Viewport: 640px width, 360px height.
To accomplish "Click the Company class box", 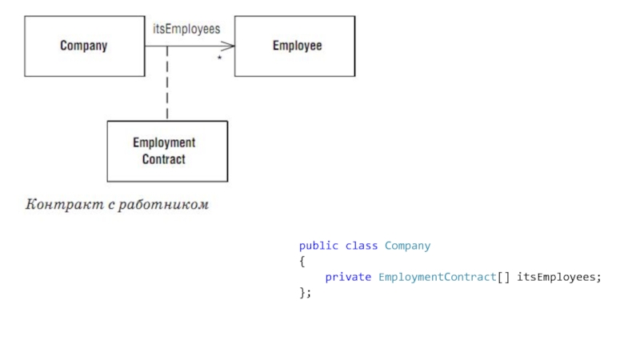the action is tap(84, 46).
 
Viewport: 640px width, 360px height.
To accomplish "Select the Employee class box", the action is tap(294, 46).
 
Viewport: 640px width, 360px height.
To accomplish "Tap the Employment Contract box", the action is tap(166, 151).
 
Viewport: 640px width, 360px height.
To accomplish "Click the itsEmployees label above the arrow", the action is tap(186, 28).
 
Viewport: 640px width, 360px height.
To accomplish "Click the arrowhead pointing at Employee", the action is tap(230, 46).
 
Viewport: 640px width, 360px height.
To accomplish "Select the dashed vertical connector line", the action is tap(167, 84).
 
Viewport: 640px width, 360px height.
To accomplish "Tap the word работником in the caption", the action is tap(162, 206).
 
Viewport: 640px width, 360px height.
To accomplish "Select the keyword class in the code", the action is tap(361, 246).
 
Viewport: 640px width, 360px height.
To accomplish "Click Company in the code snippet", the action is tap(407, 246).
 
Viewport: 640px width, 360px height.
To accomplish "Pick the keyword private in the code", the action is tap(348, 277).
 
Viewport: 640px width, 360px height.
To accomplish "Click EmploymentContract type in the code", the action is tap(437, 277).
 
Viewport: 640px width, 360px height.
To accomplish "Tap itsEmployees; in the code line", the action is tap(558, 277).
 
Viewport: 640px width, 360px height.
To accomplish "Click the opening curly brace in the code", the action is tap(302, 261).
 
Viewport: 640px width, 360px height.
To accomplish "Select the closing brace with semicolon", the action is tap(305, 292).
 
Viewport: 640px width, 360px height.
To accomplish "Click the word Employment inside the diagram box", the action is tap(164, 143).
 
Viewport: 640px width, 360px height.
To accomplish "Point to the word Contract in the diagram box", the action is tap(164, 159).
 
